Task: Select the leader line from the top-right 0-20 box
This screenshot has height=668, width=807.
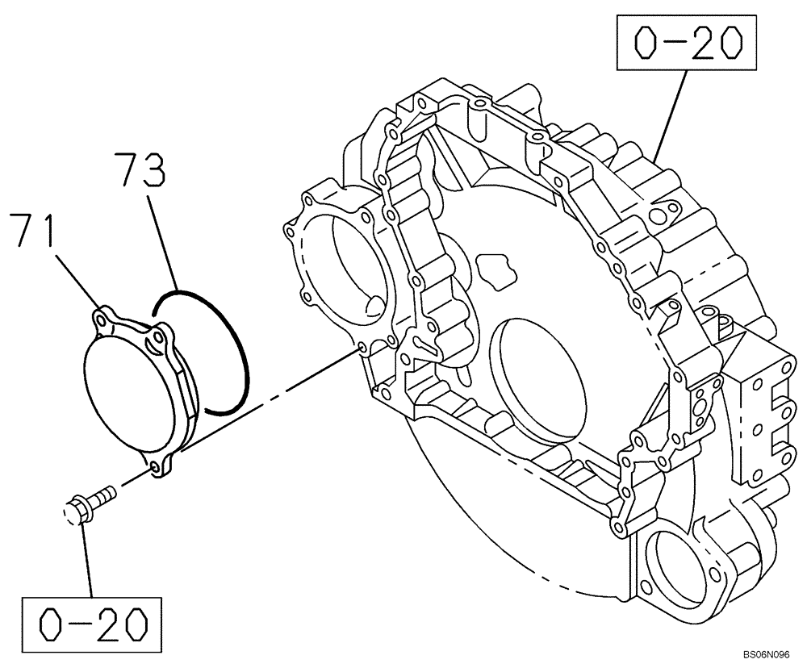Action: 671,114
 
